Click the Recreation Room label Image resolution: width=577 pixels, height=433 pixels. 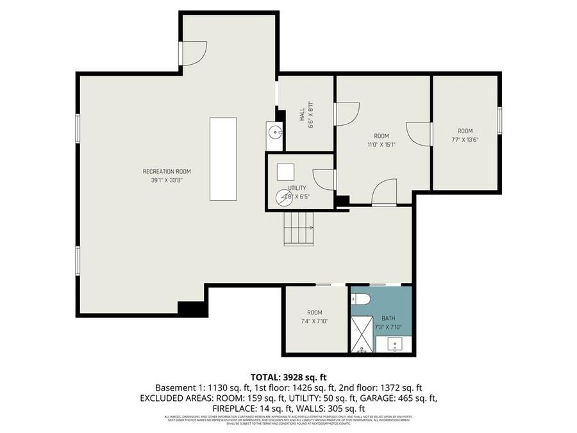[x=167, y=171]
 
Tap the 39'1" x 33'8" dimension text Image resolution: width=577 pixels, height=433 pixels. [x=167, y=180]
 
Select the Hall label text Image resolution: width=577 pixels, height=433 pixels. [x=302, y=114]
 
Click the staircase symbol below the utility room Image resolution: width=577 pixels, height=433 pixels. [x=299, y=228]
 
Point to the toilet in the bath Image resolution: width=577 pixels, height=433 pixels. [x=359, y=300]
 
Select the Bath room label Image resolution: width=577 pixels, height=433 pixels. [x=389, y=318]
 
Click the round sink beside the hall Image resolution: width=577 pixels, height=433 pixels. [x=275, y=133]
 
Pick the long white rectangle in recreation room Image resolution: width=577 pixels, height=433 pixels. [x=224, y=159]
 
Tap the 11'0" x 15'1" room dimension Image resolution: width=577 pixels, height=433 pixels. [x=381, y=144]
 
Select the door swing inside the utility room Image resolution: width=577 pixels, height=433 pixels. [x=324, y=179]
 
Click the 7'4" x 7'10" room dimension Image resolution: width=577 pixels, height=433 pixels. [x=314, y=321]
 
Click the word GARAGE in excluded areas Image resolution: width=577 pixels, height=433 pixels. [x=390, y=398]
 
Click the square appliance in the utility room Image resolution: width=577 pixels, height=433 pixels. [x=285, y=172]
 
